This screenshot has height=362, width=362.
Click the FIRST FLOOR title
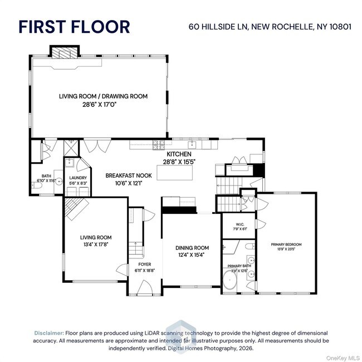pos(75,26)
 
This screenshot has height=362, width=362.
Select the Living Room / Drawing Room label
pos(104,96)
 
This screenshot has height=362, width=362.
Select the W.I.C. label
pos(234,225)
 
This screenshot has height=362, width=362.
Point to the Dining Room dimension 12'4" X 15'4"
pos(192,255)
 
